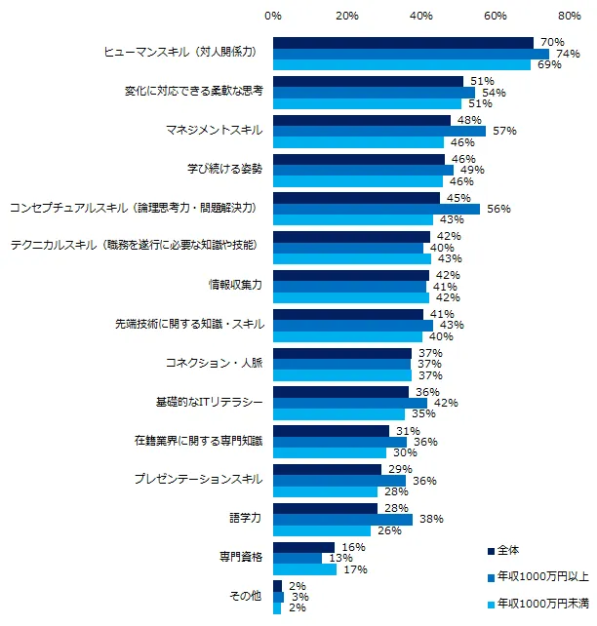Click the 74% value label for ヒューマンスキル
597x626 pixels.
(x=565, y=54)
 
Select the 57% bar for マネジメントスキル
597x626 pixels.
(x=378, y=131)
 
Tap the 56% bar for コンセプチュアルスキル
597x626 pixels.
(x=376, y=209)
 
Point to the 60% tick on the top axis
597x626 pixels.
(x=495, y=16)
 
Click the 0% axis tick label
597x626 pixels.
(x=273, y=16)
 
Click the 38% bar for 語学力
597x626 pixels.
(x=342, y=520)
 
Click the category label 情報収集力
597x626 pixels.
(x=237, y=286)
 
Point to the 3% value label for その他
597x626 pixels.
(x=299, y=597)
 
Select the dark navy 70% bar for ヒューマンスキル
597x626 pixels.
(x=403, y=42)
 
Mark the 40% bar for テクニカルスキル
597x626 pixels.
(x=347, y=248)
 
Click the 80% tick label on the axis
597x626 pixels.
(x=569, y=16)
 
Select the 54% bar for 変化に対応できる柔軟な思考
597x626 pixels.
(x=374, y=93)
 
